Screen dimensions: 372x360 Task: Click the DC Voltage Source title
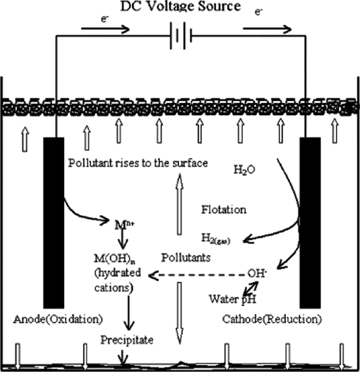click(180, 7)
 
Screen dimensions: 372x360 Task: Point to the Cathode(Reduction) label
click(272, 319)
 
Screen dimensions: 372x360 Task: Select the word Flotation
click(223, 210)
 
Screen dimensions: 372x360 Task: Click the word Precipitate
click(127, 340)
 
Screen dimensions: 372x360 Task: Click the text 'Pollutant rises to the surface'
click(138, 162)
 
